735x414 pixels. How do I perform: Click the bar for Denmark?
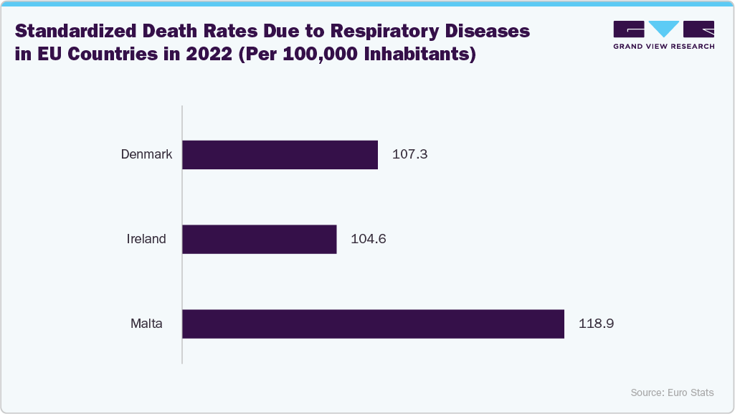(280, 155)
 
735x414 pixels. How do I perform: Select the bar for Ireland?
(260, 239)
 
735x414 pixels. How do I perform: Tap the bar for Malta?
(373, 324)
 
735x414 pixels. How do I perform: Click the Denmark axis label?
(146, 154)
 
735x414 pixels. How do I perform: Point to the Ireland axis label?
(146, 239)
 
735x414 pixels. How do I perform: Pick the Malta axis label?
(146, 324)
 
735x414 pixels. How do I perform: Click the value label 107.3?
(410, 154)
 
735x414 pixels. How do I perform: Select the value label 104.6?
(369, 239)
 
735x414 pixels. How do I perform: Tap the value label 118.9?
(596, 324)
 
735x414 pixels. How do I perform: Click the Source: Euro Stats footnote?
(672, 392)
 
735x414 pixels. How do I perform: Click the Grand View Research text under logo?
(663, 46)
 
